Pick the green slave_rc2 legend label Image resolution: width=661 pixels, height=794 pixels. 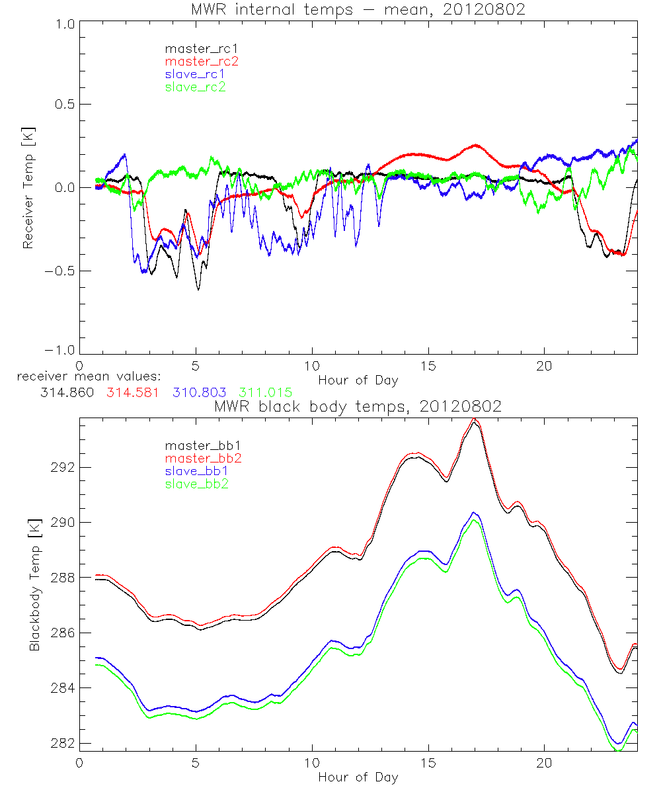click(x=195, y=87)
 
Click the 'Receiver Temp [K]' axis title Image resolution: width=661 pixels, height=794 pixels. click(x=28, y=187)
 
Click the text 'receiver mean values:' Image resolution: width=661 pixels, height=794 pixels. click(x=84, y=377)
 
